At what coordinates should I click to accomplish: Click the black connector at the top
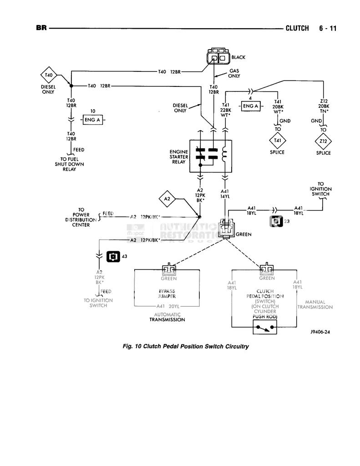218,58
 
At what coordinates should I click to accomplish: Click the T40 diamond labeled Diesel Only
49,75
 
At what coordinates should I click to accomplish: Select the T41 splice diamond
277,140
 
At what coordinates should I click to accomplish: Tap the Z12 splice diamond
323,140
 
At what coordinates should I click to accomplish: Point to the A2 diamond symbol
167,198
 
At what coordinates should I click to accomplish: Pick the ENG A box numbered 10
92,120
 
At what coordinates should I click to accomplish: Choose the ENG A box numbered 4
250,106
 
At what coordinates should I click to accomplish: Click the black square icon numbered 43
112,257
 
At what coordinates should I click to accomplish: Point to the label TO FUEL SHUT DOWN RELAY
69,164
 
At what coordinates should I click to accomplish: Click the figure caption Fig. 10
186,346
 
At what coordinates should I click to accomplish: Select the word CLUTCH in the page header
297,28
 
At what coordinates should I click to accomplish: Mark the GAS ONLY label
234,73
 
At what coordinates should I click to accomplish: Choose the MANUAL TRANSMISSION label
315,304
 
